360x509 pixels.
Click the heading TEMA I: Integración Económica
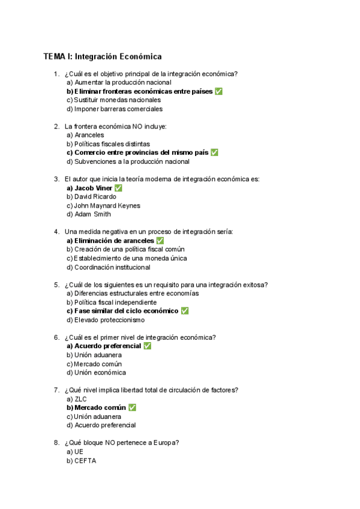tap(103, 57)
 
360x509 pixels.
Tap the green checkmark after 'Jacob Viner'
tap(118, 188)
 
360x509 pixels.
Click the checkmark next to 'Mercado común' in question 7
tap(132, 408)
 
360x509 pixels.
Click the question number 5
tap(56, 285)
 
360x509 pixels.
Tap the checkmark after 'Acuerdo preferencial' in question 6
tap(148, 346)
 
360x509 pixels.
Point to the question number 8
tap(56, 443)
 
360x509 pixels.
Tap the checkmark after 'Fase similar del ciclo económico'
tap(185, 311)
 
